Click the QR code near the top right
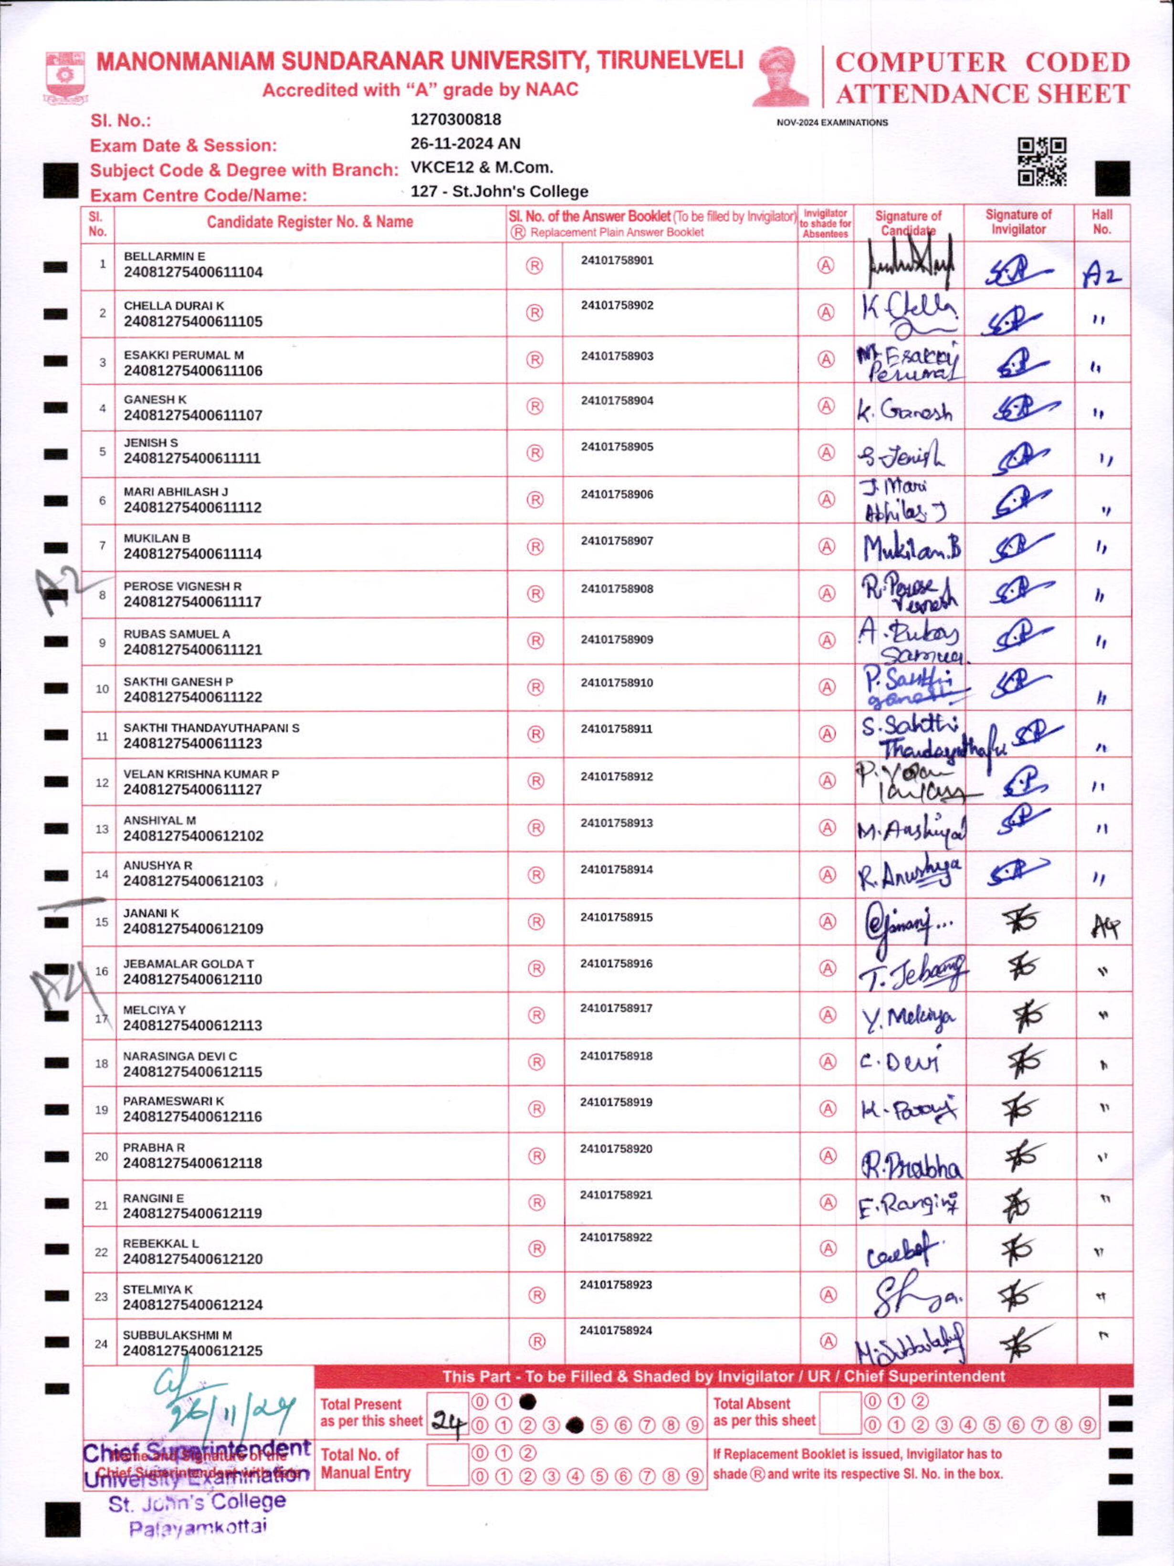[x=1042, y=162]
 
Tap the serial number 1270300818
[x=456, y=120]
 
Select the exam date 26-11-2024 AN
[x=465, y=144]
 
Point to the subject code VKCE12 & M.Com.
[x=481, y=168]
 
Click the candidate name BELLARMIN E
[x=164, y=256]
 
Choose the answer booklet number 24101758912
[x=617, y=777]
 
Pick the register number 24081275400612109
[x=192, y=929]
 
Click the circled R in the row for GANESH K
[x=535, y=406]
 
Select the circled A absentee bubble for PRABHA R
[x=827, y=1156]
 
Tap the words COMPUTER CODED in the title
[x=982, y=62]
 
